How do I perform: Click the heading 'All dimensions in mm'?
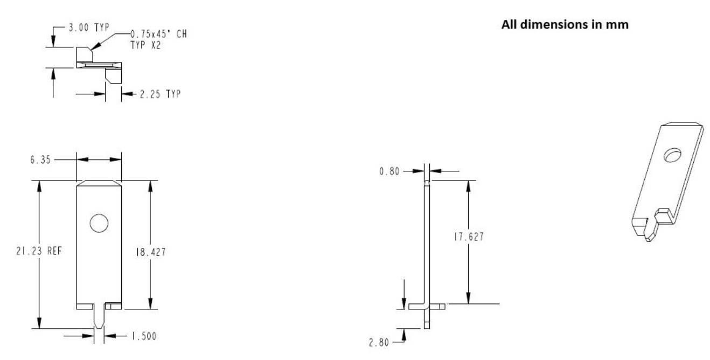(x=565, y=25)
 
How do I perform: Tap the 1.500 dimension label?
(x=142, y=336)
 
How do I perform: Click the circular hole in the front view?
(x=99, y=223)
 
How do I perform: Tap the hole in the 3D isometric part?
(x=672, y=156)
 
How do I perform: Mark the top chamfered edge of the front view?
(x=99, y=183)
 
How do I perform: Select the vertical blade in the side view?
(x=427, y=243)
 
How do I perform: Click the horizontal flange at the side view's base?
(x=427, y=306)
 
